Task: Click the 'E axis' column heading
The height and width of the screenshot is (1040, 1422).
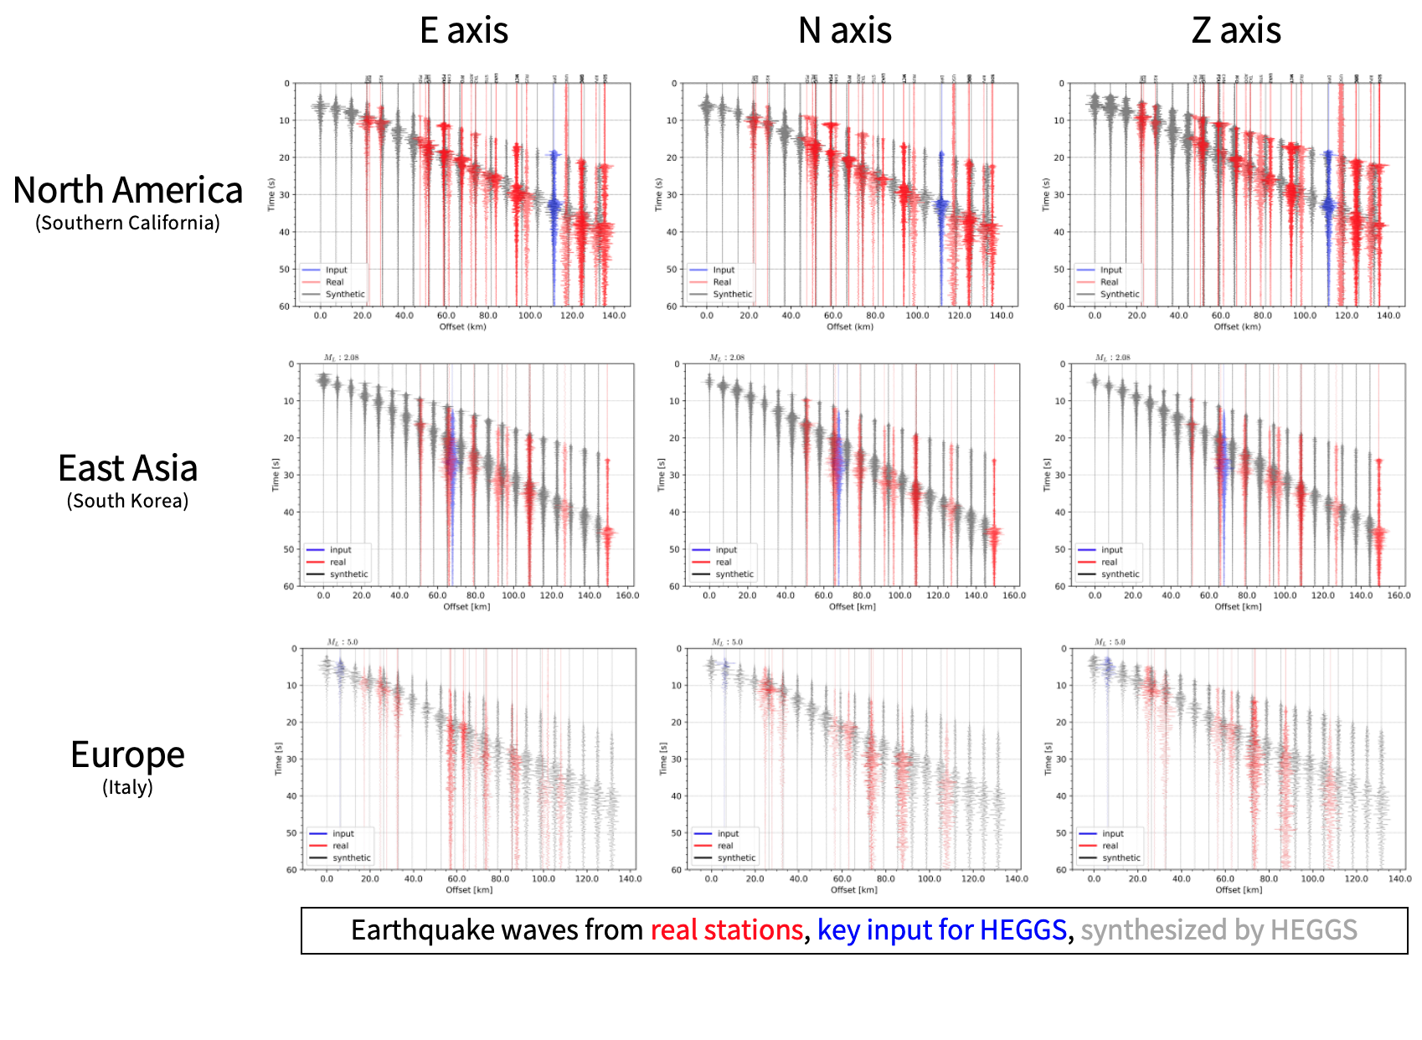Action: (463, 31)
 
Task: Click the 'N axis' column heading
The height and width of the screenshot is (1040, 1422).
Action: (844, 31)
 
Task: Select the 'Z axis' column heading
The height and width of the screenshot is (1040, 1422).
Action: (1235, 31)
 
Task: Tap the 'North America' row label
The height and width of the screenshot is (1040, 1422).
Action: (127, 190)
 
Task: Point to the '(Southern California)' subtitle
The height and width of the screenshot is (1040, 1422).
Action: (127, 223)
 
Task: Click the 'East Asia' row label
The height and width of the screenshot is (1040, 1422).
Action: (127, 468)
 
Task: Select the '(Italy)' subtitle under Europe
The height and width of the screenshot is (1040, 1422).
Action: (127, 787)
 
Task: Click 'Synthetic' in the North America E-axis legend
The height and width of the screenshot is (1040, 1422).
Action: (344, 294)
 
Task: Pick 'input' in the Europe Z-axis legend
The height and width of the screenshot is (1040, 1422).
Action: (1112, 833)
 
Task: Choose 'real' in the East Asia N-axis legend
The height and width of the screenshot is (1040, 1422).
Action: (724, 563)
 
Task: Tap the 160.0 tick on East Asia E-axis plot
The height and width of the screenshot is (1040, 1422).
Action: (627, 595)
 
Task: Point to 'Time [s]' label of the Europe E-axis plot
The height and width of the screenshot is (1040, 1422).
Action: (279, 759)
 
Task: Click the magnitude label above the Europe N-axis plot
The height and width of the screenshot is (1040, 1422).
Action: (727, 642)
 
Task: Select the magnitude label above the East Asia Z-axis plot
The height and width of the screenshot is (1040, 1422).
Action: (1112, 358)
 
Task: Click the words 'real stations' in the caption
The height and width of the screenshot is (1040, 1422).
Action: (726, 930)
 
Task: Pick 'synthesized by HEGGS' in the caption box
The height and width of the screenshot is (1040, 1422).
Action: (1218, 930)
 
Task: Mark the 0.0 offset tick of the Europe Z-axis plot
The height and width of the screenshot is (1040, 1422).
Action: (1094, 878)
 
